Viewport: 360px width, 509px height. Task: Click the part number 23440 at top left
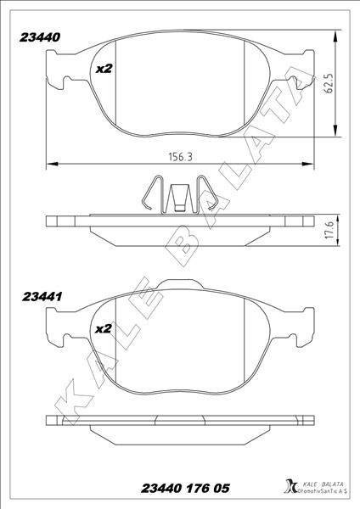point(40,37)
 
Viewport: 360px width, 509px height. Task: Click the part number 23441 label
point(42,297)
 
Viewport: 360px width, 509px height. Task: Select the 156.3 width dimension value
point(181,157)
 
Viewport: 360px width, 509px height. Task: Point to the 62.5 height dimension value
point(329,83)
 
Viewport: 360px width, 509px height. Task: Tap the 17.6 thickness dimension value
point(329,231)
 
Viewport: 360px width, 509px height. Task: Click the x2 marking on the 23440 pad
point(104,69)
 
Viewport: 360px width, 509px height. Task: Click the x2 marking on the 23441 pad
point(104,329)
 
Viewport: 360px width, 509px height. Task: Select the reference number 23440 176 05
point(185,489)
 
